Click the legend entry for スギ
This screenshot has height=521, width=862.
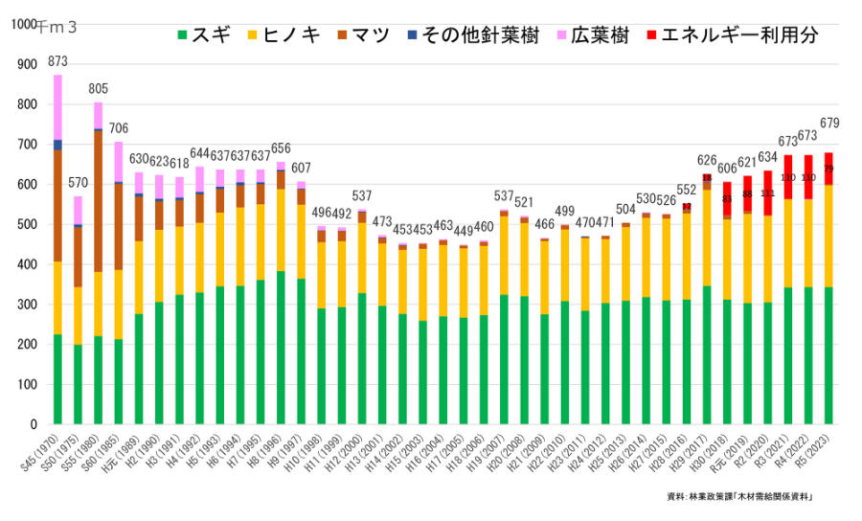tap(203, 35)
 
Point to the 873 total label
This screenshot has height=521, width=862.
tap(57, 62)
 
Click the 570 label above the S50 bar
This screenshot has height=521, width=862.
tap(78, 183)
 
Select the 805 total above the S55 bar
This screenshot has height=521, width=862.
tap(98, 89)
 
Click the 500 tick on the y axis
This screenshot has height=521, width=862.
tap(27, 225)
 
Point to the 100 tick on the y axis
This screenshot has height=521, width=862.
tap(27, 385)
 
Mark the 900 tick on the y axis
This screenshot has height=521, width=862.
tap(27, 65)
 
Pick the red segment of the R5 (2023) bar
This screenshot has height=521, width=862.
tap(828, 169)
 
